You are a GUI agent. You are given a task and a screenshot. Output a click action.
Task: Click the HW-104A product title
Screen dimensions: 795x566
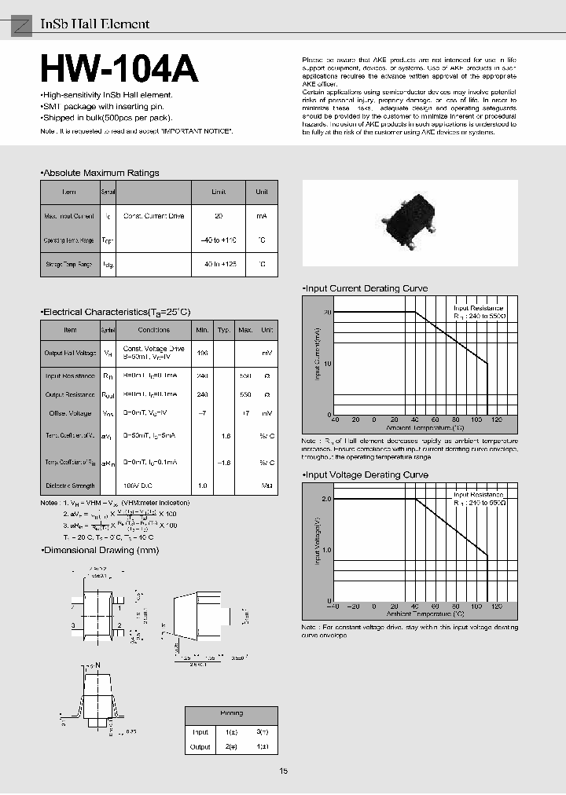pyautogui.click(x=119, y=70)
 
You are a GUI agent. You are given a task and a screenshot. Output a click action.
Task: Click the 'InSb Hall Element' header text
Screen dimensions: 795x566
pyautogui.click(x=94, y=24)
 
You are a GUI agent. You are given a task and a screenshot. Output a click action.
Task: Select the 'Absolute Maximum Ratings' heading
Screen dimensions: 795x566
pyautogui.click(x=100, y=173)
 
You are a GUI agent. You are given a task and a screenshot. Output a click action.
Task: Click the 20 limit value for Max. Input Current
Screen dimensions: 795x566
pyautogui.click(x=219, y=215)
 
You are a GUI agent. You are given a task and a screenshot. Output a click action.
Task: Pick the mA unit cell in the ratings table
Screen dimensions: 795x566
pyautogui.click(x=261, y=215)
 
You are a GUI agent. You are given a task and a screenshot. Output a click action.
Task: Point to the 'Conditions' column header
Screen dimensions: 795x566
pyautogui.click(x=153, y=330)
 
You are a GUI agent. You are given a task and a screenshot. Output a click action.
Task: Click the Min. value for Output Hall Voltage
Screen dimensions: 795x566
pyautogui.click(x=203, y=353)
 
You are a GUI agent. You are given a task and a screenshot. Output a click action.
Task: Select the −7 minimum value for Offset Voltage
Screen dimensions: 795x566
pyautogui.click(x=203, y=412)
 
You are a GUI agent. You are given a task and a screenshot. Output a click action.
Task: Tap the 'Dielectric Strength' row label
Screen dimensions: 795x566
pyautogui.click(x=70, y=486)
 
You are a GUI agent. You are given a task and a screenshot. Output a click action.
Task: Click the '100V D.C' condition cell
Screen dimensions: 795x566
pyautogui.click(x=153, y=486)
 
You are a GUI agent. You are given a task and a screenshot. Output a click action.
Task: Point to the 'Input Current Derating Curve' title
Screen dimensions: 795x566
pyautogui.click(x=366, y=288)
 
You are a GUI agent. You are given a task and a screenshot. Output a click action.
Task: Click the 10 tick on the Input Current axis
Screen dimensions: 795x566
pyautogui.click(x=328, y=363)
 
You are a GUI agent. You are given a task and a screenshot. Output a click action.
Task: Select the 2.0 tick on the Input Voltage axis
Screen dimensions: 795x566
pyautogui.click(x=326, y=499)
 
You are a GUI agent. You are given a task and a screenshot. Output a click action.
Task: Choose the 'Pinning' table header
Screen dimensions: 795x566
pyautogui.click(x=232, y=713)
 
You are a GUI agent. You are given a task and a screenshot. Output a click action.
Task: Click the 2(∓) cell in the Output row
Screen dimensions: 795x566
pyautogui.click(x=232, y=747)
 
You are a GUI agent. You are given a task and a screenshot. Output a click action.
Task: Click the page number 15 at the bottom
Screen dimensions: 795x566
pyautogui.click(x=283, y=771)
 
